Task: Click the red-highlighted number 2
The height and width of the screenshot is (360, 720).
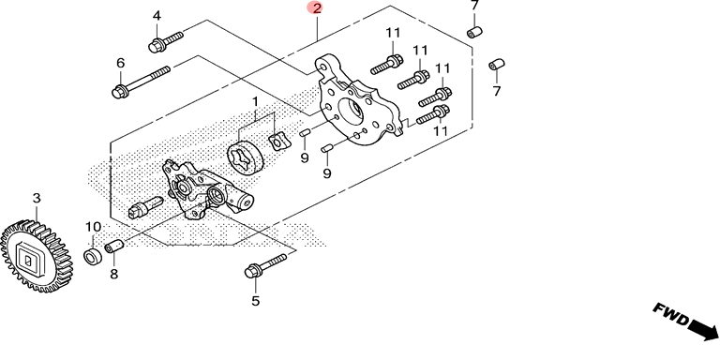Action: [316, 7]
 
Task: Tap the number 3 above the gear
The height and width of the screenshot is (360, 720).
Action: [37, 199]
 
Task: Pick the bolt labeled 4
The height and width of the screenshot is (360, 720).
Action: [166, 41]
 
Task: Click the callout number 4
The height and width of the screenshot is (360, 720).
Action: [157, 16]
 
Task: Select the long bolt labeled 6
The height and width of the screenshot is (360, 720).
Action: [141, 82]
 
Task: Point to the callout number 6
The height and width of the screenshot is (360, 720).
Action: [121, 64]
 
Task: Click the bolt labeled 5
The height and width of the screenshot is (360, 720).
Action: [266, 265]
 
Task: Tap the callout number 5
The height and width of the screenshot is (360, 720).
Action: [255, 301]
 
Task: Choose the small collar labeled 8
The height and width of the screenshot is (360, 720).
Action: [114, 247]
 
